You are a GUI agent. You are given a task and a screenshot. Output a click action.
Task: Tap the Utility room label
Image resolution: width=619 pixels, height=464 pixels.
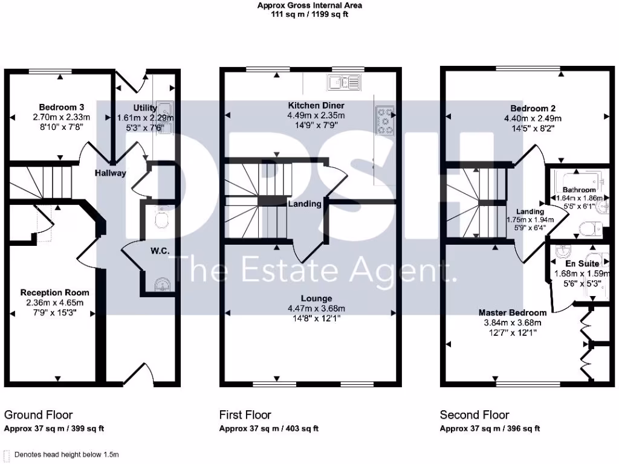145,108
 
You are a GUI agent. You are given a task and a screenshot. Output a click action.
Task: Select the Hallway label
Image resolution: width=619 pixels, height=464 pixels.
110,173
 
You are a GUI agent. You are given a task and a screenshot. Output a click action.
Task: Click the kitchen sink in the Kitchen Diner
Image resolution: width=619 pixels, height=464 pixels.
343,81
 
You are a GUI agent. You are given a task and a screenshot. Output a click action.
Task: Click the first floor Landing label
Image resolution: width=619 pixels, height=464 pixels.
304,204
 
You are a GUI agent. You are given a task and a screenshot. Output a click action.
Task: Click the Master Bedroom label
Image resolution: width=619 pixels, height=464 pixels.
513,312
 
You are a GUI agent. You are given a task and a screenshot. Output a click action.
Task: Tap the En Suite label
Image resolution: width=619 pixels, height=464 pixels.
582,263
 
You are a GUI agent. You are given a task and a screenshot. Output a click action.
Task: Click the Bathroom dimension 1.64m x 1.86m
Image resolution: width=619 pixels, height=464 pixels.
579,198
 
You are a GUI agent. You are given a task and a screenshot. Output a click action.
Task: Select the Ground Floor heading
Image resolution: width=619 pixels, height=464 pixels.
39,415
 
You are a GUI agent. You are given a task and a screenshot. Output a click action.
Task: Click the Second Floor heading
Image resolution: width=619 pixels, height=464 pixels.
475,415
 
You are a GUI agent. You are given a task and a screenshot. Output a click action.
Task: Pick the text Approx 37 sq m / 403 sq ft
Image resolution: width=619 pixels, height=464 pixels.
268,429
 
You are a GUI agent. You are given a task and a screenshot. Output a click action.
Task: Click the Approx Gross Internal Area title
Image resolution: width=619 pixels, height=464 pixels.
310,5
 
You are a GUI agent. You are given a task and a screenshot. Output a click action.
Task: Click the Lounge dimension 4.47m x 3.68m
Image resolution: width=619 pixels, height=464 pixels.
317,309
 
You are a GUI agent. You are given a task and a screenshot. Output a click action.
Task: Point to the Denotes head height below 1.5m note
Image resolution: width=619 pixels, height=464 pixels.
66,454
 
